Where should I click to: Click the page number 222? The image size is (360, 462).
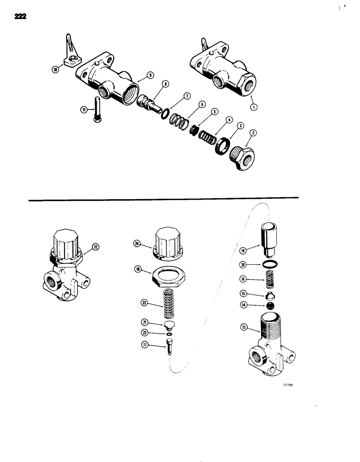click(x=21, y=17)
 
